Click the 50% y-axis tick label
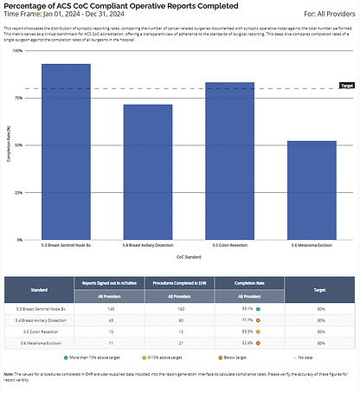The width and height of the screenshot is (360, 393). tap(19, 145)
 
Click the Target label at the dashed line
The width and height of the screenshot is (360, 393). tap(346, 86)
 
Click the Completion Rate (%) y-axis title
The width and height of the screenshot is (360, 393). tap(10, 145)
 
